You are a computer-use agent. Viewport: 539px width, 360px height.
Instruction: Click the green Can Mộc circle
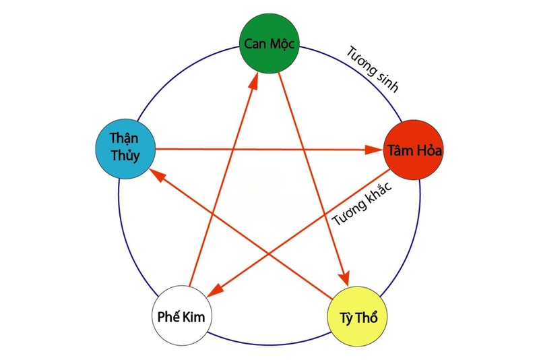point(269,45)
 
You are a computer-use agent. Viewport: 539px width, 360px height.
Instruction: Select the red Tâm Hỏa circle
point(414,150)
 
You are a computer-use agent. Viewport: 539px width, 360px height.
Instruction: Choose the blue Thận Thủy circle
point(127,149)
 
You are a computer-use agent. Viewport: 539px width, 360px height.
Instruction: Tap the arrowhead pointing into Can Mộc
point(255,80)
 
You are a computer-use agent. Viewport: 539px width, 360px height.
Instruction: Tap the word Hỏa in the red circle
point(429,150)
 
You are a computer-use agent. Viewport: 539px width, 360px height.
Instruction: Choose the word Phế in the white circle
point(170,317)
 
